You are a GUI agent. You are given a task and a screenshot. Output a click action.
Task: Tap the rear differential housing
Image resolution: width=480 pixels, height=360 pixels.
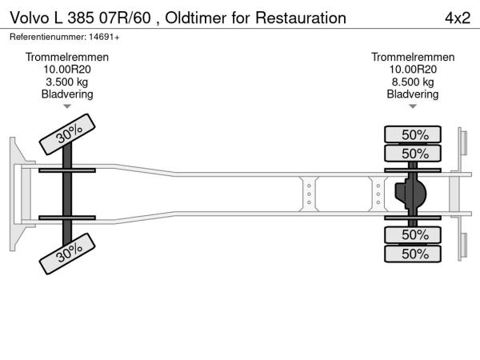[x=410, y=194]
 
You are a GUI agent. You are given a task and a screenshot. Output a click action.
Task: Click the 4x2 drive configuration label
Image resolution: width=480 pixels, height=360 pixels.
[x=457, y=18]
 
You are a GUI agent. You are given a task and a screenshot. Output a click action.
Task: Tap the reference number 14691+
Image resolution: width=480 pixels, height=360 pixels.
[x=105, y=37]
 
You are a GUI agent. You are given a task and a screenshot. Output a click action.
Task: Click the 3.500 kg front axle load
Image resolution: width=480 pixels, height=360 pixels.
[x=67, y=82]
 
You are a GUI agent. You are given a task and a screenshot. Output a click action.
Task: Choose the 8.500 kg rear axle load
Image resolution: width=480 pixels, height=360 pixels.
[x=413, y=82]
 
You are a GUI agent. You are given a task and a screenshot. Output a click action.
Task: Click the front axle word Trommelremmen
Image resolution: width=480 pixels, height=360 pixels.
[x=67, y=58]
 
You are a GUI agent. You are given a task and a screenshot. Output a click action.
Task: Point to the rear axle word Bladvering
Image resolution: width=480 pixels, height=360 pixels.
[x=413, y=94]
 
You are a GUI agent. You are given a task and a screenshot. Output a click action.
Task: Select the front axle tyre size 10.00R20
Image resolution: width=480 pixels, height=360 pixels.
[x=67, y=70]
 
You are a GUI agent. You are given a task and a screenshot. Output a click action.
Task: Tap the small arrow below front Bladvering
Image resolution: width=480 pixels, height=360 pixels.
[x=67, y=106]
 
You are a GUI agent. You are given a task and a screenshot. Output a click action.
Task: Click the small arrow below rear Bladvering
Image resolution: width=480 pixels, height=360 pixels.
[x=413, y=106]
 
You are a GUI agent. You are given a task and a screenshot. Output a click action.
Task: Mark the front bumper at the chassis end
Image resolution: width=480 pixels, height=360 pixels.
[x=16, y=194]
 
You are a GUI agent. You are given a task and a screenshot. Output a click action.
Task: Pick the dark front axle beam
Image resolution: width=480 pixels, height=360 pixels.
[x=68, y=194]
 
